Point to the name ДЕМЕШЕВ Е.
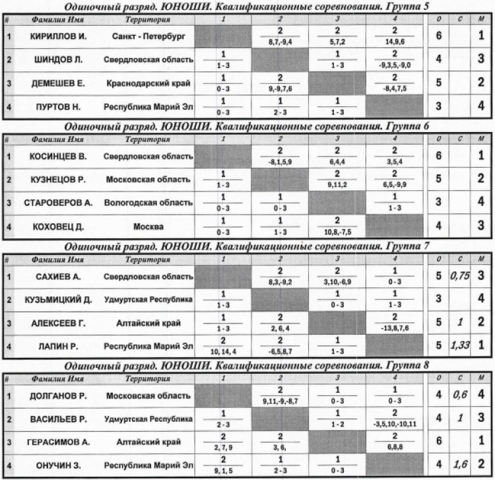coord(58,84)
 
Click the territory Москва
coord(148,226)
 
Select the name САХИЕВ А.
coord(57,275)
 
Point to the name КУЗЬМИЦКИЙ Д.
coord(59,299)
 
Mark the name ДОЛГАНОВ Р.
coord(58,395)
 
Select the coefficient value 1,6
coord(458,465)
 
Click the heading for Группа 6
coord(247,126)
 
